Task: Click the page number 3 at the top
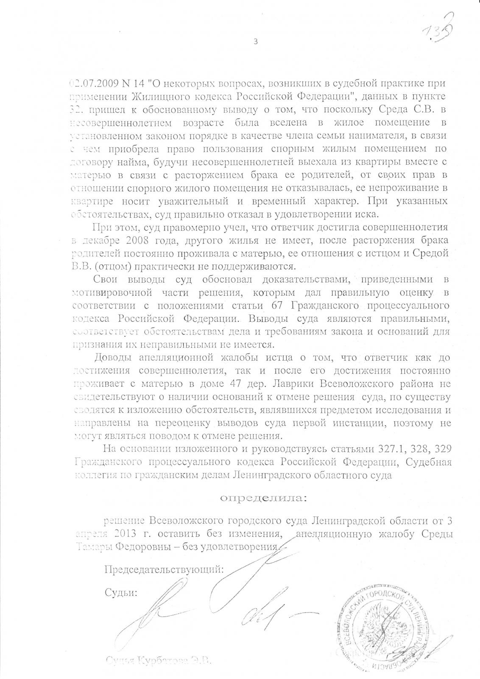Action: (255, 42)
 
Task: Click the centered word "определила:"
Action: (263, 498)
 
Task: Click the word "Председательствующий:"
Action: (164, 570)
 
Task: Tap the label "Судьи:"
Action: (121, 593)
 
